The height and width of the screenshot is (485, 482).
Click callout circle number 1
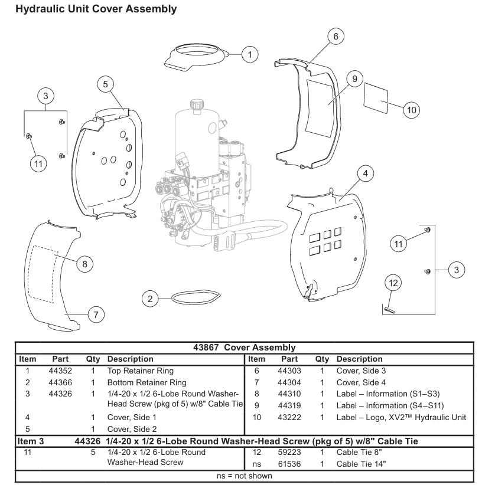(250, 55)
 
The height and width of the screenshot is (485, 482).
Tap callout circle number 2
(151, 299)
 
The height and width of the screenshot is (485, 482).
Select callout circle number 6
(336, 37)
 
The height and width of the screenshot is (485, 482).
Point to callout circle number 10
(412, 110)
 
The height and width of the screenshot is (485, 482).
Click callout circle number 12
(393, 283)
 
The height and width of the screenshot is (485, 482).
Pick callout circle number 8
(84, 264)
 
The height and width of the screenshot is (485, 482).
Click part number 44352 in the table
(60, 372)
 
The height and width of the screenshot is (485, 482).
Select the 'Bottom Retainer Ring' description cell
(138, 382)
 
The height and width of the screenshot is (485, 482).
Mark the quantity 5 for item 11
(93, 453)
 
